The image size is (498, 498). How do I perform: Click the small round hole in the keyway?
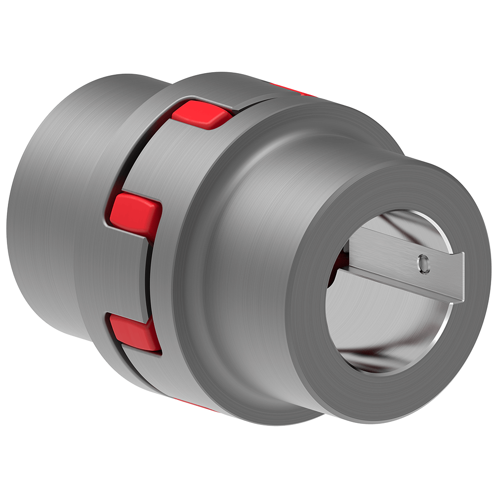[423, 262]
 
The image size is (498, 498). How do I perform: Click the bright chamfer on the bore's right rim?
[451, 319]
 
